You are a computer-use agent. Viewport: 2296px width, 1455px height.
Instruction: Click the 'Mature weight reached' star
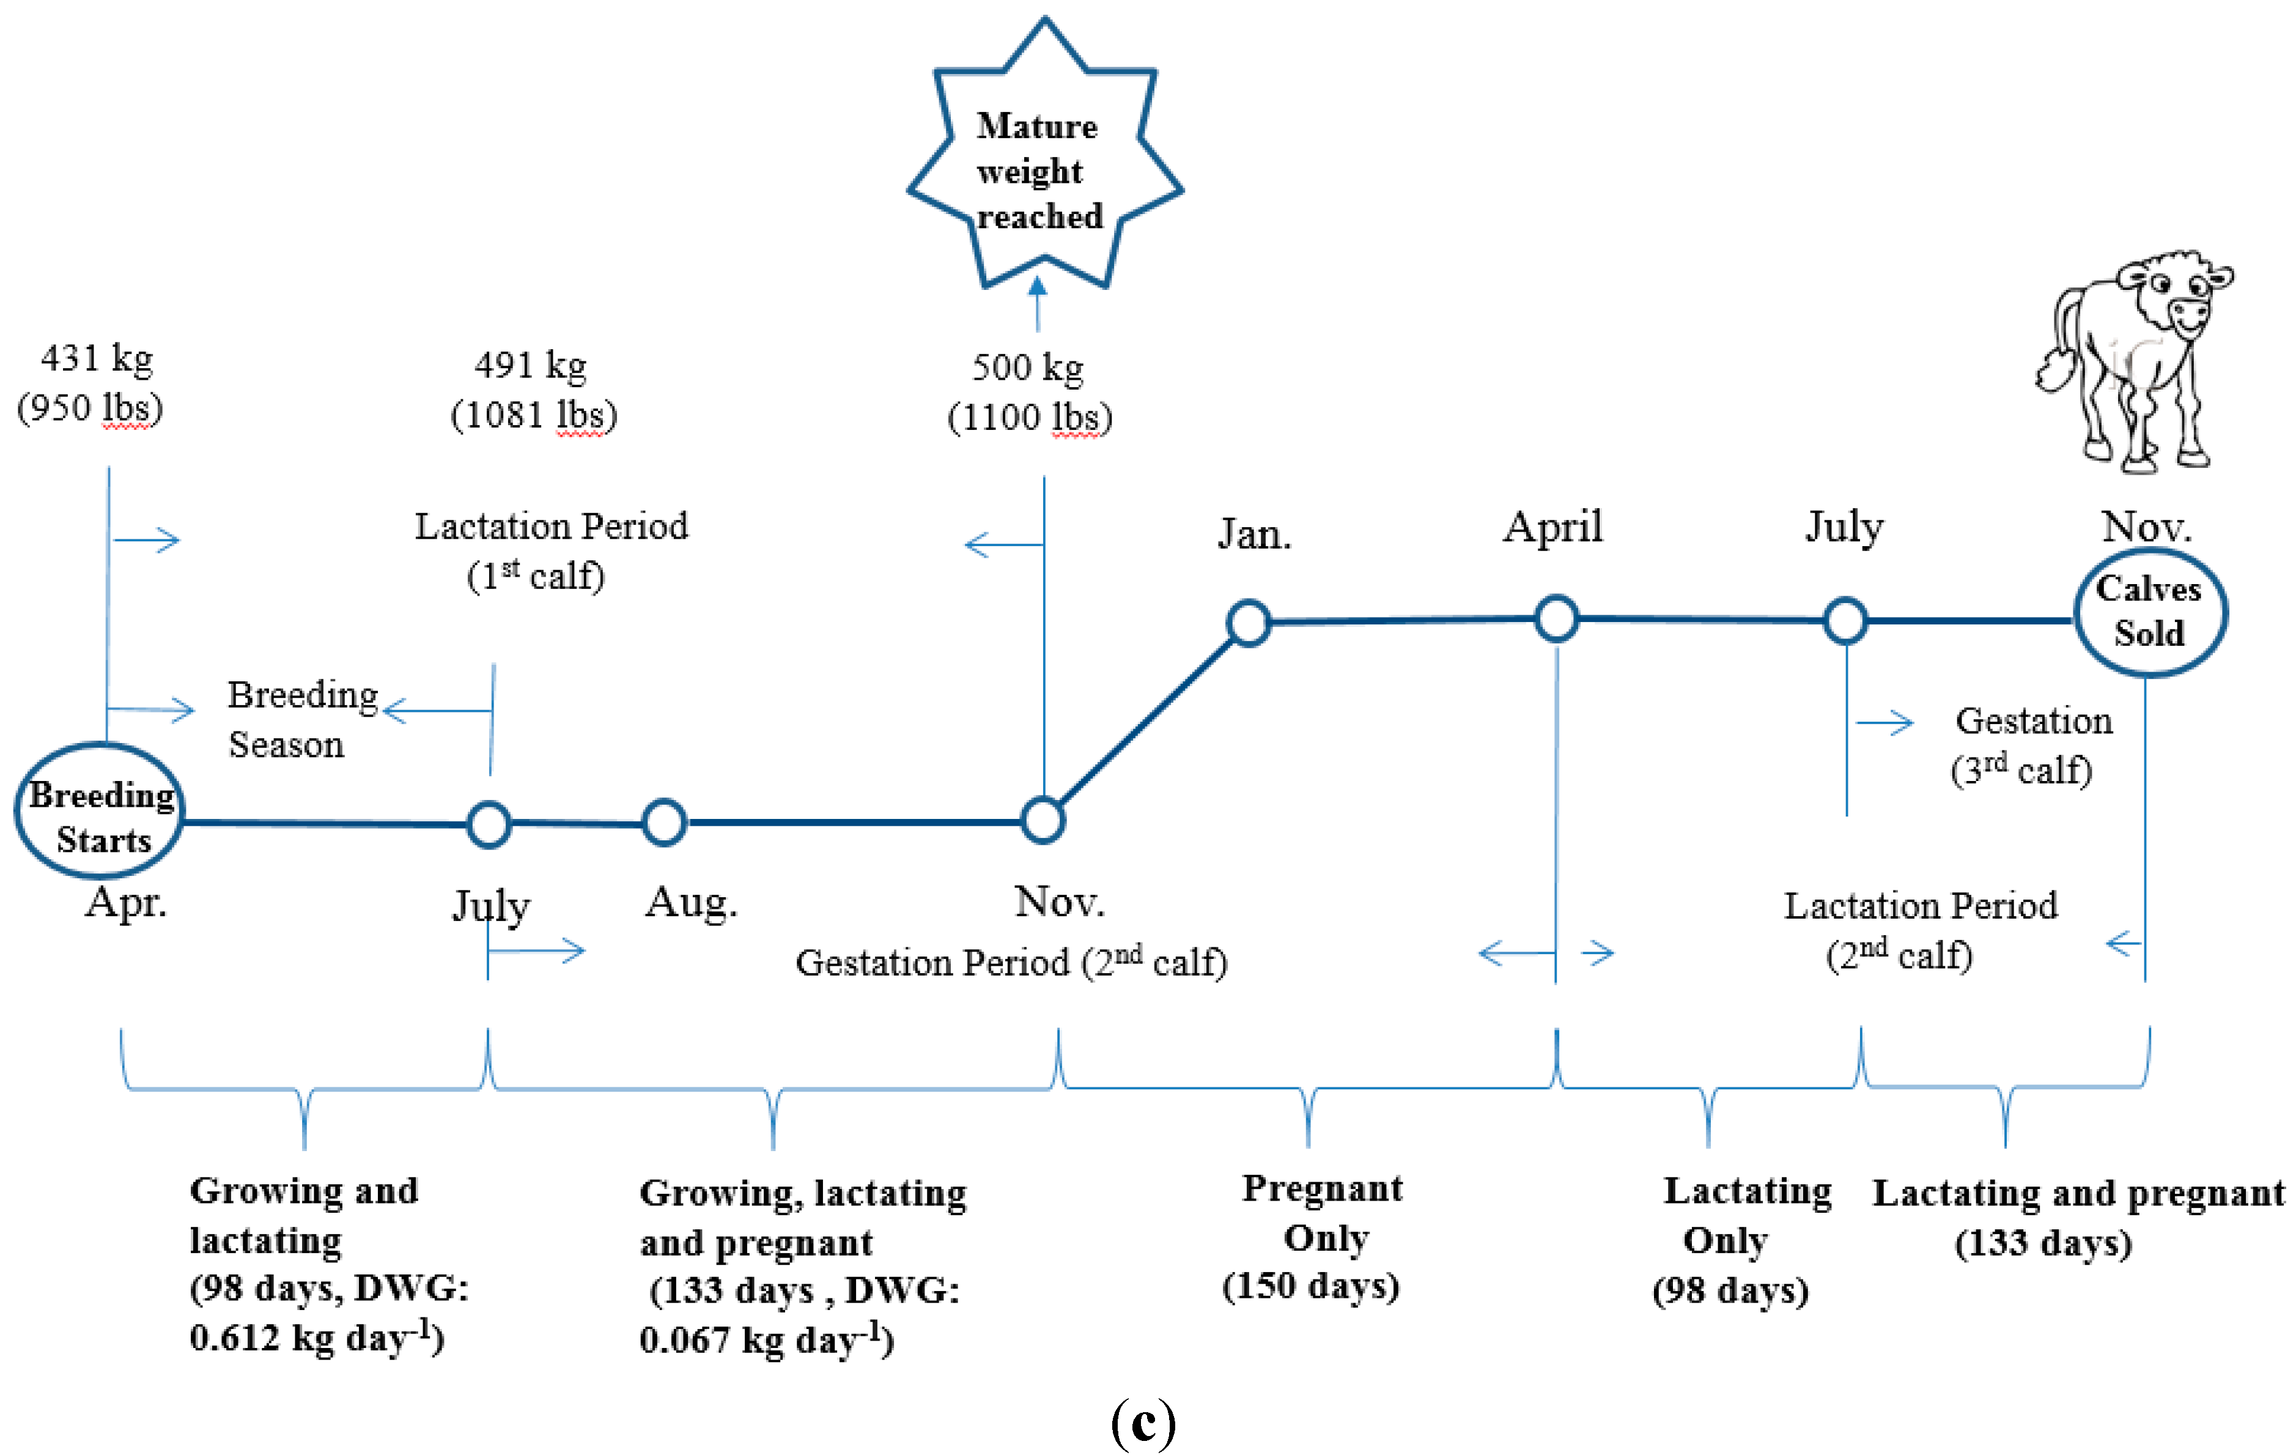[x=1044, y=162]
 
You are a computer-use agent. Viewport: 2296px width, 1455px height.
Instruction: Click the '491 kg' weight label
[x=531, y=365]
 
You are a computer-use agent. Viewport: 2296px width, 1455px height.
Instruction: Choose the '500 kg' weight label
[x=1028, y=367]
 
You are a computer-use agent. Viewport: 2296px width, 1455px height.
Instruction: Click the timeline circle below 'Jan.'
[x=1248, y=623]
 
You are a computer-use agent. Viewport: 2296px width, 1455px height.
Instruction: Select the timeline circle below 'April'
[x=1556, y=619]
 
